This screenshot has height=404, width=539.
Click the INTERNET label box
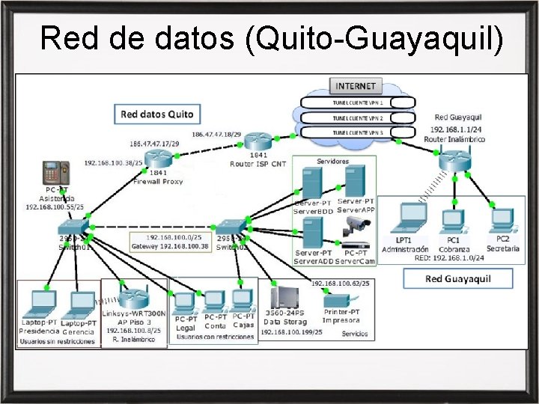click(x=356, y=85)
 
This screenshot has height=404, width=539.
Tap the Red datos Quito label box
click(x=156, y=114)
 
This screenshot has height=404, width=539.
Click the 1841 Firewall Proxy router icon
click(x=158, y=157)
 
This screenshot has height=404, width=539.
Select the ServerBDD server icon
click(x=311, y=182)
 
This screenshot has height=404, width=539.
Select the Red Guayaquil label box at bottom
click(x=458, y=279)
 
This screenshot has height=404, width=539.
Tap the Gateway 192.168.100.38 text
click(x=170, y=245)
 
